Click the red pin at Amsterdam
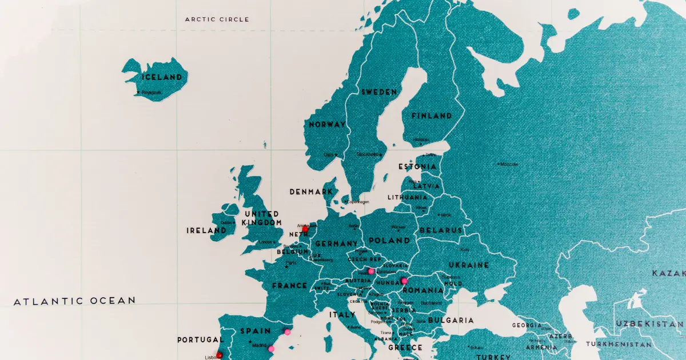point(305,229)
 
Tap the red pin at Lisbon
point(220,355)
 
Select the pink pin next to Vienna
point(371,271)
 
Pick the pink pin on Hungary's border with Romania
point(404,281)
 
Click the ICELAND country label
point(162,77)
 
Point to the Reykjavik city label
point(151,92)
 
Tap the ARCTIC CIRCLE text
point(217,19)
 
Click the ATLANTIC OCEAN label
point(74,301)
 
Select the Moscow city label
point(508,164)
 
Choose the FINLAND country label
point(432,115)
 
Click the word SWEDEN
point(378,92)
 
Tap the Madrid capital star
point(250,343)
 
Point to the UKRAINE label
point(468,265)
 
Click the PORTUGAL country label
point(200,339)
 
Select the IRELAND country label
point(206,231)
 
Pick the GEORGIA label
point(527,325)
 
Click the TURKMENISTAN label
point(618,345)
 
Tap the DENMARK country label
point(311,192)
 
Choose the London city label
point(266,242)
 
